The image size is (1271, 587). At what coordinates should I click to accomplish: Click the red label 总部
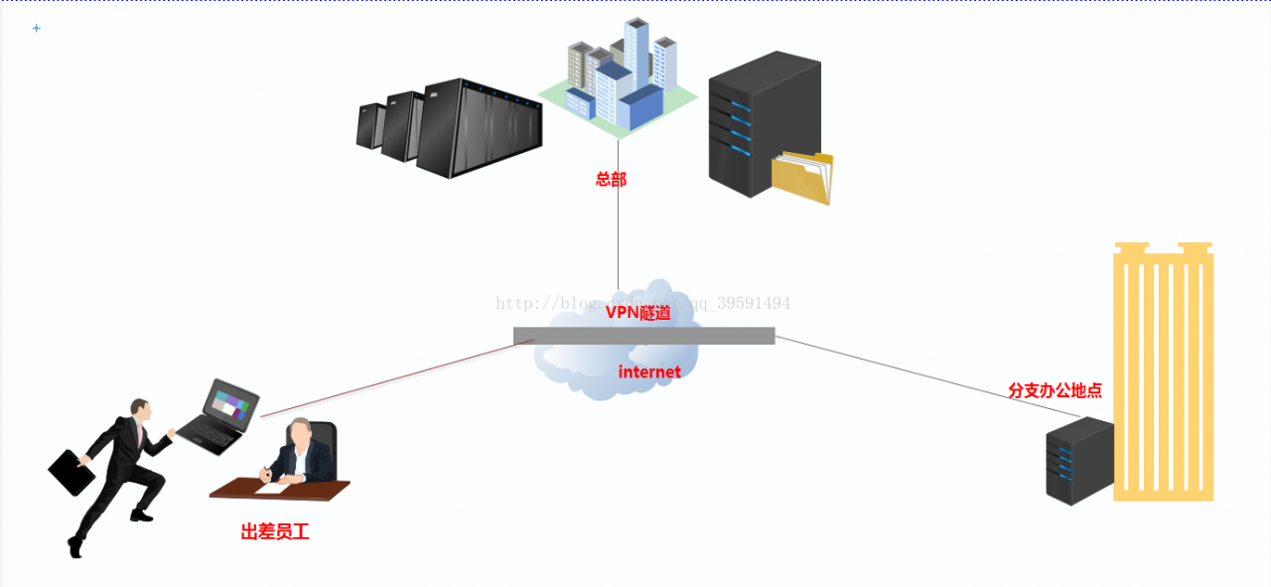tap(611, 180)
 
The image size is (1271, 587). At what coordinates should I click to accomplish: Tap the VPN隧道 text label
tap(638, 312)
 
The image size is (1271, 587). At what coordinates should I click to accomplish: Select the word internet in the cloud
tap(649, 372)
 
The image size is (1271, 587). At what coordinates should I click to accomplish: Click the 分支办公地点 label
tap(1055, 390)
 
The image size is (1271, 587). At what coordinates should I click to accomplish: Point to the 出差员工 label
tap(275, 532)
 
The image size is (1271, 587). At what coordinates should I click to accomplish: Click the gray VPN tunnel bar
tap(643, 336)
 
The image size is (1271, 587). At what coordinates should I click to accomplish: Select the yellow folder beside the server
tap(802, 178)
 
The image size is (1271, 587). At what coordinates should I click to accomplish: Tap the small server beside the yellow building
tap(1078, 460)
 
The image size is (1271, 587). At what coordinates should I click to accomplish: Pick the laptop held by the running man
tap(220, 415)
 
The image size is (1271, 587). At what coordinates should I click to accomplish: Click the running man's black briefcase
tap(71, 473)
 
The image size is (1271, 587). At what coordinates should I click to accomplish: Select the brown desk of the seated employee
tap(279, 489)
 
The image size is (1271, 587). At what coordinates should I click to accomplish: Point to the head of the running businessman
tap(141, 409)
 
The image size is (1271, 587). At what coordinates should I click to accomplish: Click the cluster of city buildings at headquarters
tap(620, 84)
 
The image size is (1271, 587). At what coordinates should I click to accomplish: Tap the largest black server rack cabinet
tap(480, 129)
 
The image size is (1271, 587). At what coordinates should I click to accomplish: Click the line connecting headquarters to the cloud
tap(618, 238)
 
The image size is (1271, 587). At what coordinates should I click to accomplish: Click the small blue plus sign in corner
tap(37, 28)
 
